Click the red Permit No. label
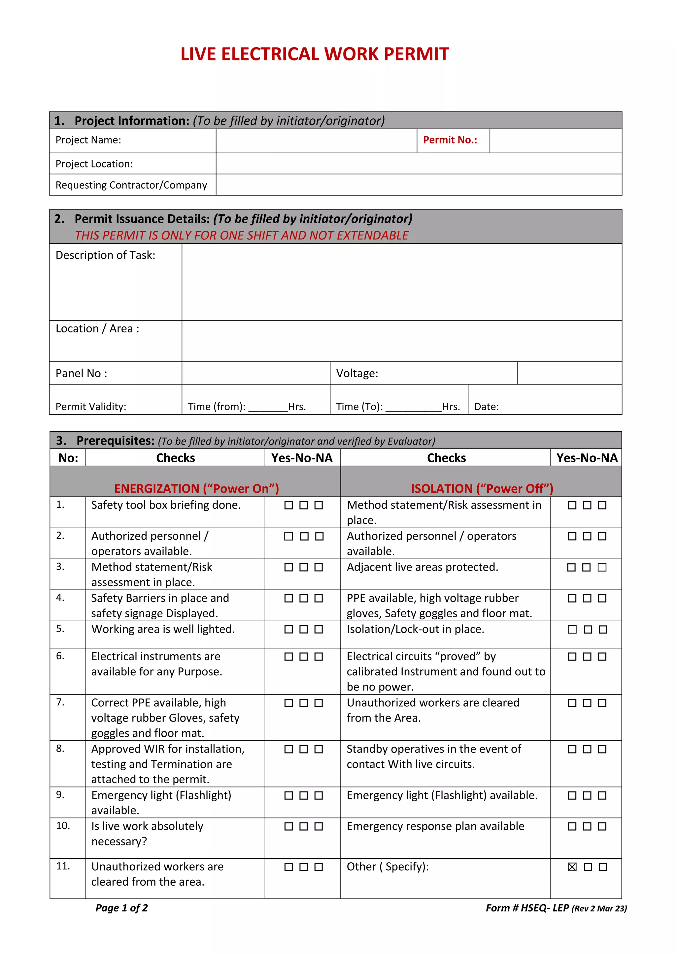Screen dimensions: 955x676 [x=450, y=140]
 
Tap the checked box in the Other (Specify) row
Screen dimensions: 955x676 [x=572, y=867]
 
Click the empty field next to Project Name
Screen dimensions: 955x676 [x=316, y=141]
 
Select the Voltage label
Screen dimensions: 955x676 [x=357, y=374]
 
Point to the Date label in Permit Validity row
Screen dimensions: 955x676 [x=486, y=407]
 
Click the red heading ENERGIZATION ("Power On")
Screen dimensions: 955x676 [x=196, y=488]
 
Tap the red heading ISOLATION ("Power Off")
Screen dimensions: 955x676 [x=482, y=488]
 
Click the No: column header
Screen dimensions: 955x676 [x=68, y=458]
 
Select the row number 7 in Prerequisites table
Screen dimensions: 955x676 [x=60, y=702]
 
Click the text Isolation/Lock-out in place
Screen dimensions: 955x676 [x=416, y=629]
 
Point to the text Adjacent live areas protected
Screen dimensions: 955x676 [x=422, y=567]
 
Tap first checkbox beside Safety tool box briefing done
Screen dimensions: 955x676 [x=288, y=506]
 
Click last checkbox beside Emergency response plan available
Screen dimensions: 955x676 [x=602, y=826]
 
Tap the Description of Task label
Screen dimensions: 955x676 [x=105, y=255]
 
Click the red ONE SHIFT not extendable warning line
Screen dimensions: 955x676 [x=241, y=235]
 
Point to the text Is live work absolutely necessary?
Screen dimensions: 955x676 [x=147, y=834]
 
